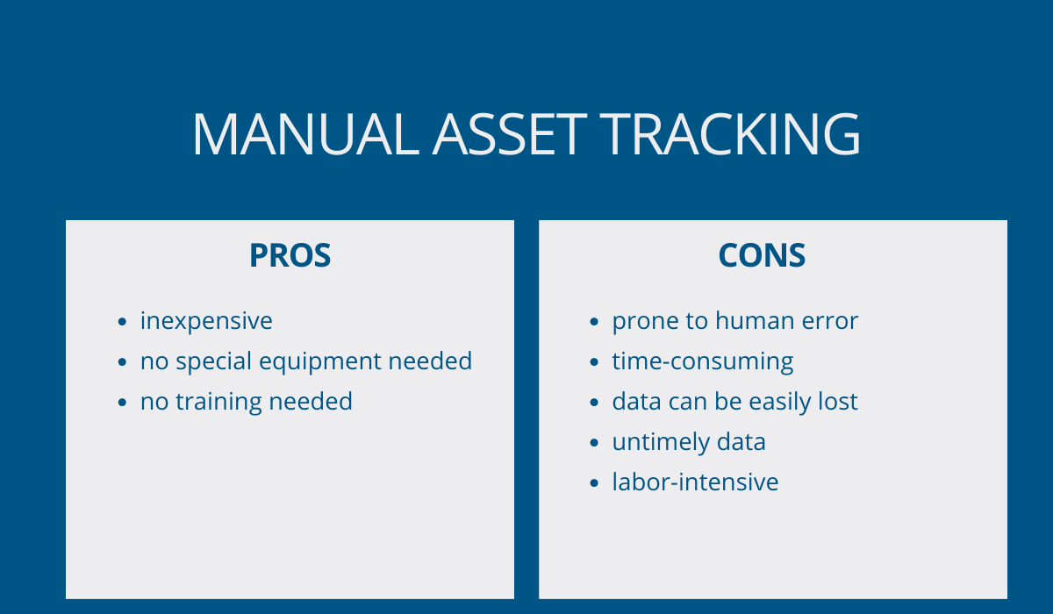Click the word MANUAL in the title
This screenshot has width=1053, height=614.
pos(305,134)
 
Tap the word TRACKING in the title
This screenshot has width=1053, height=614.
pos(730,134)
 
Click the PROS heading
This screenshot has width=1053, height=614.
pos(290,255)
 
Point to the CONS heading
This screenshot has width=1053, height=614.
pos(762,255)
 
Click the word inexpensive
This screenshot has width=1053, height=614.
pos(206,321)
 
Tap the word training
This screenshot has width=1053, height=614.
pos(218,402)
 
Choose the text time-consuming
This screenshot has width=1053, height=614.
pos(703,361)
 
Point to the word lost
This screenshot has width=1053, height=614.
pos(838,402)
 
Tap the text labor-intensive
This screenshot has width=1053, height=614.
pos(695,482)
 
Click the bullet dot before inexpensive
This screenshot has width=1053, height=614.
pos(122,322)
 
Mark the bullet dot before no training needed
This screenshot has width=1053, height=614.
pos(122,403)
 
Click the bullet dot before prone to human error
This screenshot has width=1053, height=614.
pos(594,322)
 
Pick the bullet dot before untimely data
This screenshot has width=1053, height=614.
pos(594,443)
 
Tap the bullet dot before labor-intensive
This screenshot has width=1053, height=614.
pos(594,483)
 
